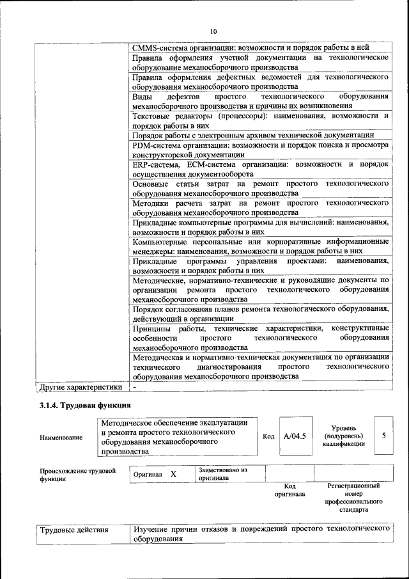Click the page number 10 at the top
click(213, 31)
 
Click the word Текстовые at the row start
click(153, 116)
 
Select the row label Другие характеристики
click(81, 386)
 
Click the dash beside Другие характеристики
click(135, 386)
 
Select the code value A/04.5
click(295, 436)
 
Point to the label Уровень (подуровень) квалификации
click(344, 436)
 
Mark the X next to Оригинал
click(173, 474)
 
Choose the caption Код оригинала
click(289, 490)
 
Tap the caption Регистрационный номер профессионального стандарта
click(353, 498)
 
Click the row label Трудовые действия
click(74, 530)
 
